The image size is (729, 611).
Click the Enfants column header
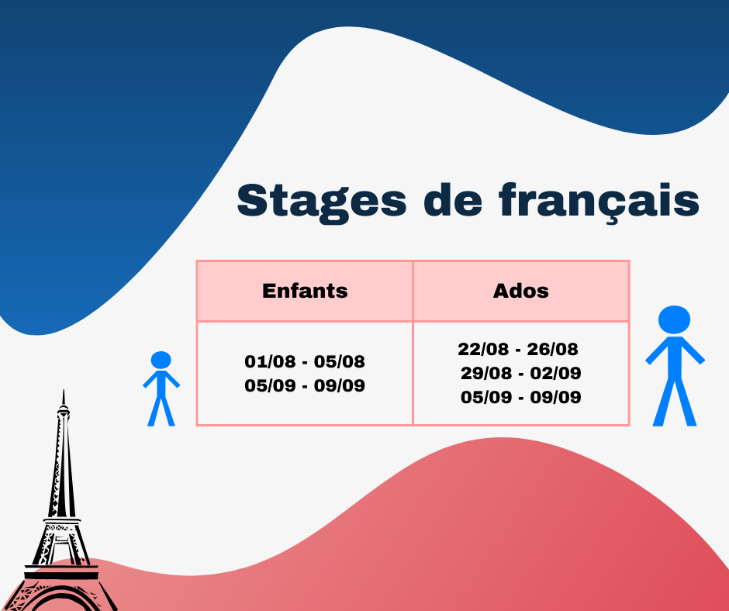pos(305,291)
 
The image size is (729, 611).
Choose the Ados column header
pos(520,291)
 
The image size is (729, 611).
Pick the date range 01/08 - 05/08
pos(305,361)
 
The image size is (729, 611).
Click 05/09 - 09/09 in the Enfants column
pos(305,385)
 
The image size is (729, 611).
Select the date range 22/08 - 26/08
pos(518,349)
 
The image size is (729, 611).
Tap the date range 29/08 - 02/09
pos(520,373)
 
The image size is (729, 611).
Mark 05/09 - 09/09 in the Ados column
pos(520,397)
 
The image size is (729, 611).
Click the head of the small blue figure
pos(161,360)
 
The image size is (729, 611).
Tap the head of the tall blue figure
pos(674,319)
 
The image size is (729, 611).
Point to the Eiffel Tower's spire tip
pos(64,391)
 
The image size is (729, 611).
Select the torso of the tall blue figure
pos(675,358)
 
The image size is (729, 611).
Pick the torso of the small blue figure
pos(161,384)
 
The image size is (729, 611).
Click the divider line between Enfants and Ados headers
pos(413,291)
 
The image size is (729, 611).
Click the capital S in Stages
pos(251,200)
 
